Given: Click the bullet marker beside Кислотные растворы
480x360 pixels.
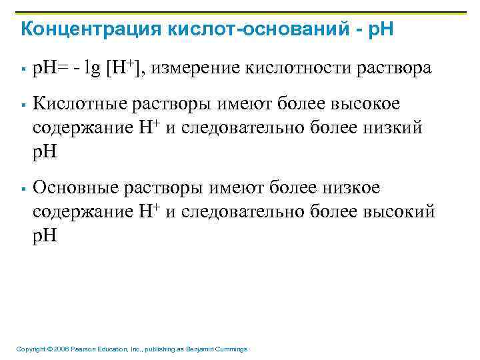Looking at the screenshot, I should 23,105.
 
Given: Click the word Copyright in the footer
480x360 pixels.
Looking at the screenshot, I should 29,349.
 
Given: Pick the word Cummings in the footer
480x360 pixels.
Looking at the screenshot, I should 231,349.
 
